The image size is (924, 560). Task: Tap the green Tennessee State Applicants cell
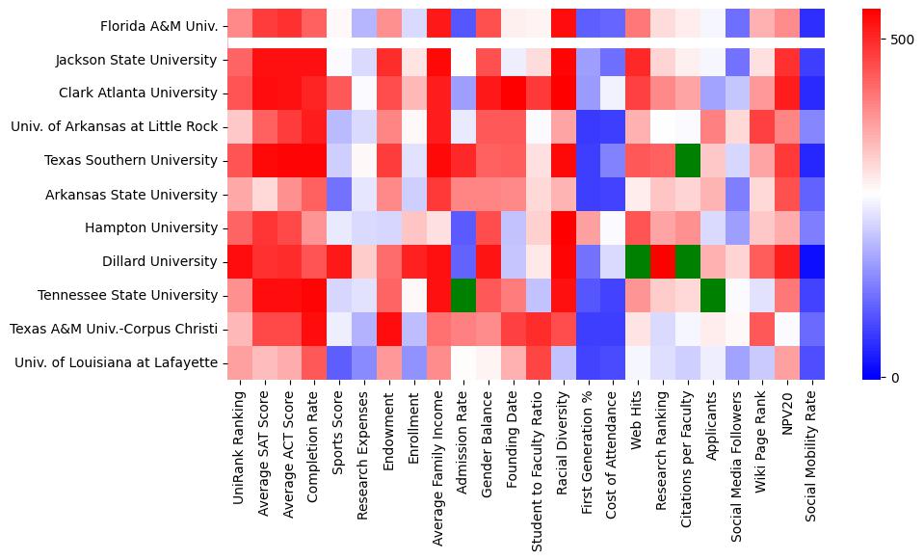(715, 295)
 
